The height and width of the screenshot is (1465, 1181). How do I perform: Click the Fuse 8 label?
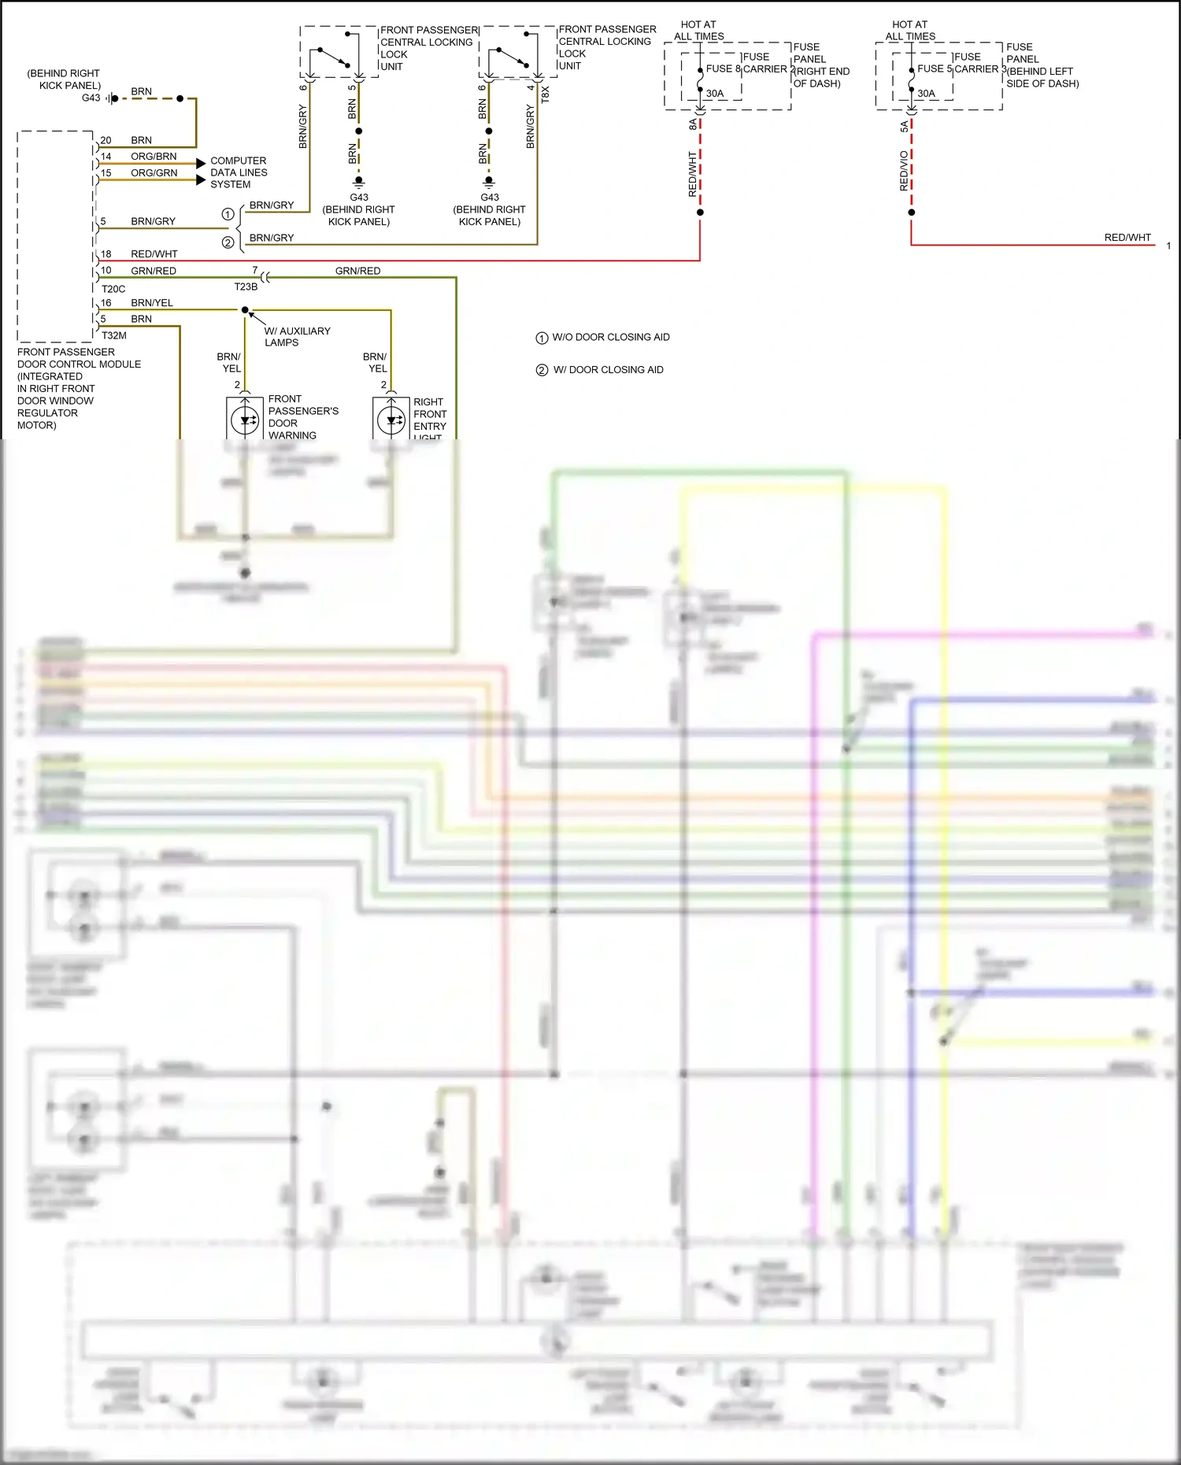pos(723,68)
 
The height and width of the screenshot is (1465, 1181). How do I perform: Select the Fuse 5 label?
pos(935,68)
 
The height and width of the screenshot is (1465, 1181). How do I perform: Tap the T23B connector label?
pos(246,287)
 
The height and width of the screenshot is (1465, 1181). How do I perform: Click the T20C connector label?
pos(113,289)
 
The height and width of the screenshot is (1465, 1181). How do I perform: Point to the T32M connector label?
pos(114,335)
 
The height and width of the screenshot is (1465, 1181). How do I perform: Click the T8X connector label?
pos(546,95)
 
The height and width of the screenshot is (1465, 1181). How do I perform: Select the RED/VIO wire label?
pos(904,171)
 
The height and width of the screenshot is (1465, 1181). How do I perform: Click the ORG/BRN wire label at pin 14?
pos(154,157)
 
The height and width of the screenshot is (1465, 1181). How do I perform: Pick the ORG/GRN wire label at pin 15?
pos(154,173)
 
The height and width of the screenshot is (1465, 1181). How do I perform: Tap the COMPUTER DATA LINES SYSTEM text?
pos(239,172)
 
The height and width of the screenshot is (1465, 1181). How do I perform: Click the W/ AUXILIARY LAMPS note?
pos(296,337)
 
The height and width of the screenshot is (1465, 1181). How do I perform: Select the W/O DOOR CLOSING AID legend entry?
pos(610,338)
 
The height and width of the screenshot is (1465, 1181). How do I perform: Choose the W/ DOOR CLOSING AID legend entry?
pos(608,370)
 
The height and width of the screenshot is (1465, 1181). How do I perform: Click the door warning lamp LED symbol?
pos(245,420)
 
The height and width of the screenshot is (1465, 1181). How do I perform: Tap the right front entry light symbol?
pos(391,420)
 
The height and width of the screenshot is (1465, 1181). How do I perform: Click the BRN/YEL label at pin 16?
pos(152,303)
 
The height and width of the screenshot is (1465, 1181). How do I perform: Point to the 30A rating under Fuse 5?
pos(926,94)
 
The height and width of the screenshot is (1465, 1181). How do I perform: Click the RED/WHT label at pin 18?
pos(154,254)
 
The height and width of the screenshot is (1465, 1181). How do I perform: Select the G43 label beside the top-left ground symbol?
pos(91,98)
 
